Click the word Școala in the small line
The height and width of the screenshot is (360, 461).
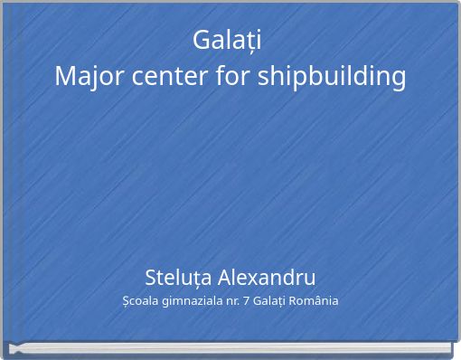pos(139,301)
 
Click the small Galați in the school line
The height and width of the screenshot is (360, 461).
pos(269,301)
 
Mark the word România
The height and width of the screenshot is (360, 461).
pos(315,300)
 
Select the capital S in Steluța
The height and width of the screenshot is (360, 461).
pos(151,277)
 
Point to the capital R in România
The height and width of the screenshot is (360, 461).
pos(295,300)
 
